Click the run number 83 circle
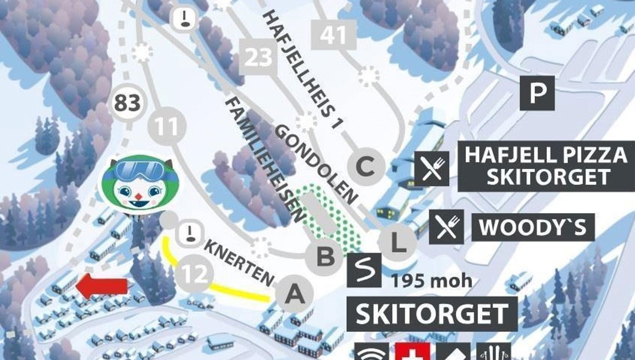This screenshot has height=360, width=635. [127, 103]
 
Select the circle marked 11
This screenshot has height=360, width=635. [167, 126]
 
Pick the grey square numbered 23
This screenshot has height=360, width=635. [257, 57]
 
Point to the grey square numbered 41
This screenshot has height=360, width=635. [334, 35]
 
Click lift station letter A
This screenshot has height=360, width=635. [295, 293]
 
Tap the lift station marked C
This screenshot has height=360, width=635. [366, 165]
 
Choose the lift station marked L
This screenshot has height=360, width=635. [397, 242]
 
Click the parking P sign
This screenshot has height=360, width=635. [537, 93]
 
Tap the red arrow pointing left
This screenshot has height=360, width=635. [102, 286]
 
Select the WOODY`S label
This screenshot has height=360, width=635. [533, 227]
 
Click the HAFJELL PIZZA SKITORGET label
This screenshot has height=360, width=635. [546, 166]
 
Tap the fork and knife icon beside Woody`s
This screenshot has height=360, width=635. [446, 227]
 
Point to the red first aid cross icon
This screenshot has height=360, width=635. [413, 352]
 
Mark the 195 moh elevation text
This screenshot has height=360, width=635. [431, 281]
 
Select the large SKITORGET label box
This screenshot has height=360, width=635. [432, 314]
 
